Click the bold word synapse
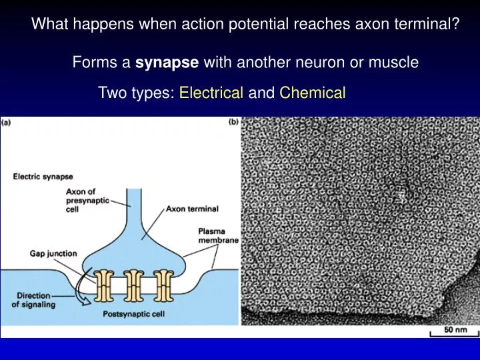point(167,63)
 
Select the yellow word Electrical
point(211,93)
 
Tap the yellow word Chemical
point(313,93)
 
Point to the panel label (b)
point(234,123)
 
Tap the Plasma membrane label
point(217,236)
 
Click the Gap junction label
point(53,253)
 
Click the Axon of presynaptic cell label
point(84,199)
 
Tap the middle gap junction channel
point(134,285)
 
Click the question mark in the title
point(455,25)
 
